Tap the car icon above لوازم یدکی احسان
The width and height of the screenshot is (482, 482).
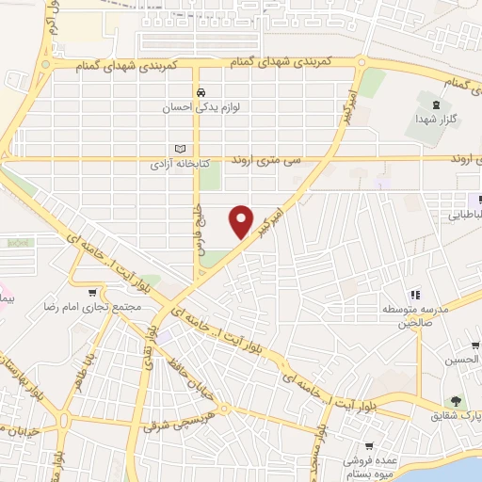click(201, 92)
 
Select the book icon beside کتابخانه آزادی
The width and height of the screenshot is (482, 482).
click(181, 149)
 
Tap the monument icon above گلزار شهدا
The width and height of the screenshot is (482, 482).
click(434, 104)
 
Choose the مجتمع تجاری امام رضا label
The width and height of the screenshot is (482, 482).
click(91, 308)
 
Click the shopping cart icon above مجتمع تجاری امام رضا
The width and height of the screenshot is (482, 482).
click(91, 292)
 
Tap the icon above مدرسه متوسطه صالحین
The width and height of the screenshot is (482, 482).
click(415, 296)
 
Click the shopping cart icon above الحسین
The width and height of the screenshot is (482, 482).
click(475, 345)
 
